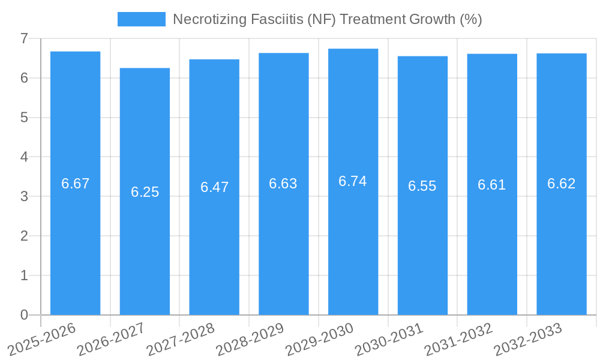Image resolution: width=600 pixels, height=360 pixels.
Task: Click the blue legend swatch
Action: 142,19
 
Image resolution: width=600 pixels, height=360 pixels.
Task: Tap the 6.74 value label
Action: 353,181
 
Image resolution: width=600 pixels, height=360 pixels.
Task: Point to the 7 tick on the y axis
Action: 24,38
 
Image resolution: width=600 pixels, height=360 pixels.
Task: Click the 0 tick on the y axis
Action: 24,314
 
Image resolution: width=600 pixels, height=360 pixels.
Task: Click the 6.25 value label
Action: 145,192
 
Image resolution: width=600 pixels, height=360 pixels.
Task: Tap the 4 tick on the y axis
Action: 24,157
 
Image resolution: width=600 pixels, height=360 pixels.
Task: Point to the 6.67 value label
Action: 75,184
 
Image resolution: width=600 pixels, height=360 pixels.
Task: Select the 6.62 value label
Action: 562,184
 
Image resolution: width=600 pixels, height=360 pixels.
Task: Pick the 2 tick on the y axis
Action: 24,236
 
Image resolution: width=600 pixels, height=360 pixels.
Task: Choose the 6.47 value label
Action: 214,187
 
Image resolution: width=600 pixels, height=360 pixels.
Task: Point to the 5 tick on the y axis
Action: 24,117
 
